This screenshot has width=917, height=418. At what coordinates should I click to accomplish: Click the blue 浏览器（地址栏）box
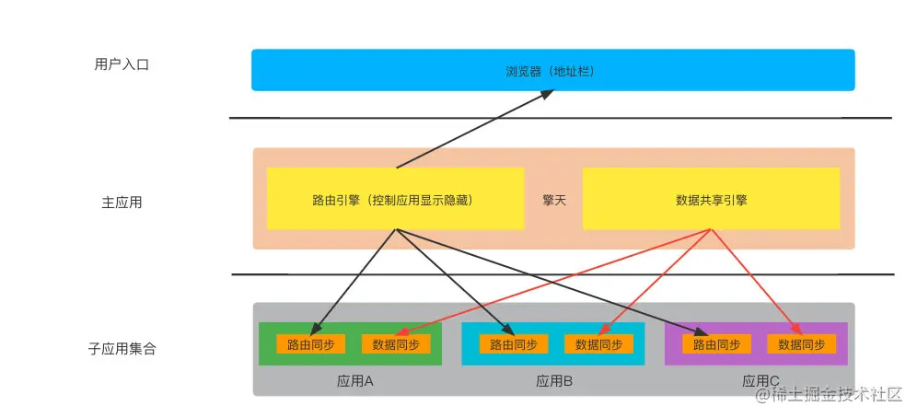(x=552, y=70)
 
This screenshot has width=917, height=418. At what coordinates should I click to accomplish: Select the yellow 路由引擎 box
(x=395, y=198)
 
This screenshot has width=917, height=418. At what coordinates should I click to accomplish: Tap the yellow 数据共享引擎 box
(x=710, y=198)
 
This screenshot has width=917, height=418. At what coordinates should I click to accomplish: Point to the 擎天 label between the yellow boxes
(x=553, y=198)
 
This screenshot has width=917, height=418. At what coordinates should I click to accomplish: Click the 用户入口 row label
(x=121, y=64)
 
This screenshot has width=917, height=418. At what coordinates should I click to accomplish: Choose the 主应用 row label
(x=122, y=202)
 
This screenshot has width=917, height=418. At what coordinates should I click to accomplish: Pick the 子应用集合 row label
(x=122, y=350)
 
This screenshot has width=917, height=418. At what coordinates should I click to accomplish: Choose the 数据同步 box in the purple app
(x=801, y=344)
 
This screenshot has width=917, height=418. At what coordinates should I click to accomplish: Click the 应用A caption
(x=354, y=380)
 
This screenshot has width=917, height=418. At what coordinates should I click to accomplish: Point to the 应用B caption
(x=554, y=380)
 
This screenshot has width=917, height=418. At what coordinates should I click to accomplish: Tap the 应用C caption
(x=760, y=380)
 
